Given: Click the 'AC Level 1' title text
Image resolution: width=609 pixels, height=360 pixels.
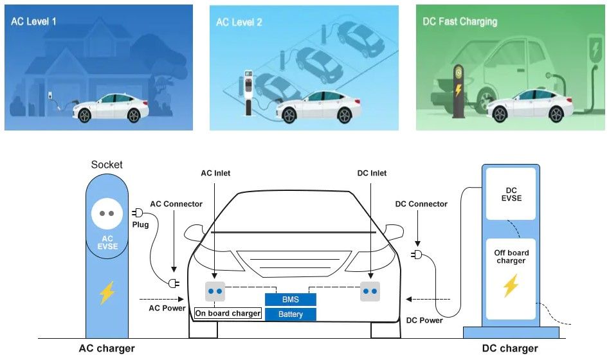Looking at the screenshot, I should pos(33,21).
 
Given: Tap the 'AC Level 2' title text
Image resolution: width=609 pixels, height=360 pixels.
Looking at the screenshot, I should pos(239,22).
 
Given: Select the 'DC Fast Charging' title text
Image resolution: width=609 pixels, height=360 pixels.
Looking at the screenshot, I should pos(460,22).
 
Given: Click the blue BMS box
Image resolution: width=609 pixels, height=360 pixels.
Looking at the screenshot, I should pos(291,300).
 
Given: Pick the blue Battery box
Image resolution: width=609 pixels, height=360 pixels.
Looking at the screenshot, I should pos(291,314).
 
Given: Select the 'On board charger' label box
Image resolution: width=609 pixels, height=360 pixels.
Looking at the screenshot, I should pos(228,314).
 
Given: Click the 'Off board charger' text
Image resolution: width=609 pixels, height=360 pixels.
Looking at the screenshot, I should pos(511,256).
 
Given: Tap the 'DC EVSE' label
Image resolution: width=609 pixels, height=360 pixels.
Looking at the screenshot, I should pos(511,194).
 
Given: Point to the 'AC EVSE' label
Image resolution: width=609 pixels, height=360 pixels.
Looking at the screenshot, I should pos(107,242).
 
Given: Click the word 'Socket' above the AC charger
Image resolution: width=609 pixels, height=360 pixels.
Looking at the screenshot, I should pos(106,165).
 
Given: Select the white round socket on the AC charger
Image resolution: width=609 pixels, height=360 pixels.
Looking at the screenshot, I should pos(107,213).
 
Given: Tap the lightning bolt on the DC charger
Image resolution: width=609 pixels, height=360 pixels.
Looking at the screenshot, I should pos(511,285).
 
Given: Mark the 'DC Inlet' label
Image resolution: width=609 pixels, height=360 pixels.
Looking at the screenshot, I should pos(372,173).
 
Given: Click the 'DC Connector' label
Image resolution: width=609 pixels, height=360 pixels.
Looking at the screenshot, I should pos(421,204).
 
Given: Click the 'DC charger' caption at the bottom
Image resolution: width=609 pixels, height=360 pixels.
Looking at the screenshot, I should pos(510,348).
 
